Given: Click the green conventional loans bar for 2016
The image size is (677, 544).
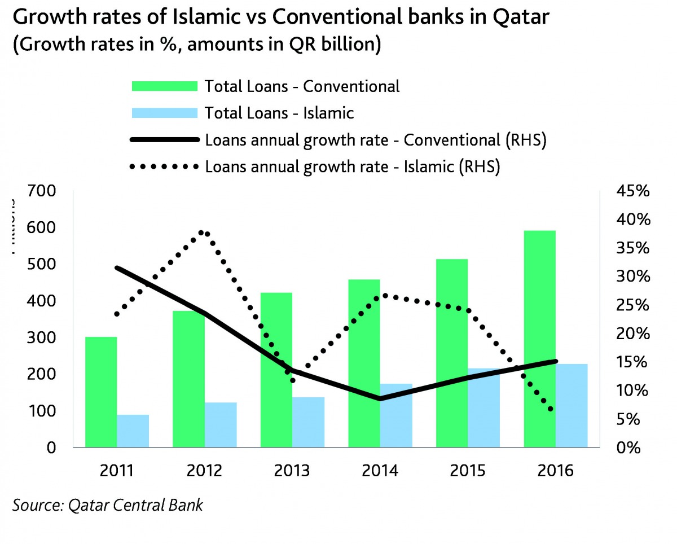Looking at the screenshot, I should click(540, 339).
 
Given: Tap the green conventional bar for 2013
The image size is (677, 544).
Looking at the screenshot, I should click(276, 370).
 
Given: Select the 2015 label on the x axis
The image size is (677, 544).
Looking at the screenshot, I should click(465, 471).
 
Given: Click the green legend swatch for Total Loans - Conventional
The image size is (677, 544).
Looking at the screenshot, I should click(164, 86).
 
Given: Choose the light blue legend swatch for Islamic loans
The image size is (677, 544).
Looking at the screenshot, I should click(164, 113).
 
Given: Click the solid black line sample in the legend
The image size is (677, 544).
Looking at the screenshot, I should click(164, 140).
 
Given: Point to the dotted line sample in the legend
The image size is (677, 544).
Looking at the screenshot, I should click(164, 166).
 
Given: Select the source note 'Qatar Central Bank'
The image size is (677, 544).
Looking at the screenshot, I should click(135, 505).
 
